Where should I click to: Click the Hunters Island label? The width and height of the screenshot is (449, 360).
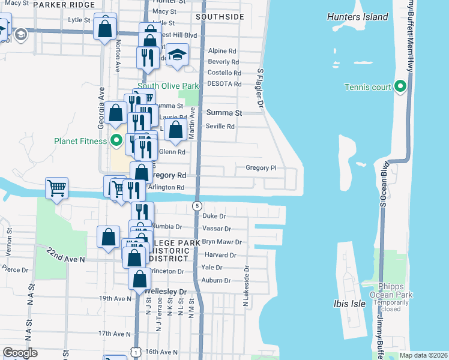point(357,17)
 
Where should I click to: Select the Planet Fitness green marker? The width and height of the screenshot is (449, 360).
point(117,142)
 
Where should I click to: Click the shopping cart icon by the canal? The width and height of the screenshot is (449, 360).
point(56,188)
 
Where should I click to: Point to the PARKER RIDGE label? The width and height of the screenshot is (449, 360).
point(64,5)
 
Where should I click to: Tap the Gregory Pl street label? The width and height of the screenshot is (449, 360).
point(261,168)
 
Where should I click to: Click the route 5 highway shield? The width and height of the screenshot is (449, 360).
point(197,206)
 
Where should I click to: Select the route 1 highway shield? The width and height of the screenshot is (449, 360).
point(137,353)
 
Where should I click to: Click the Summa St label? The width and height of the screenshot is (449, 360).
point(224,113)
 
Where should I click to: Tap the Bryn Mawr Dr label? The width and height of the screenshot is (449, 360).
point(221,242)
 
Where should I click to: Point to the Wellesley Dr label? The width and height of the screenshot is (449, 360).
point(166,292)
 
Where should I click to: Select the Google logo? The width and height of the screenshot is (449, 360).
point(20,352)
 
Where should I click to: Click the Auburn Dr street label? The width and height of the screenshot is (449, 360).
point(216,280)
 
